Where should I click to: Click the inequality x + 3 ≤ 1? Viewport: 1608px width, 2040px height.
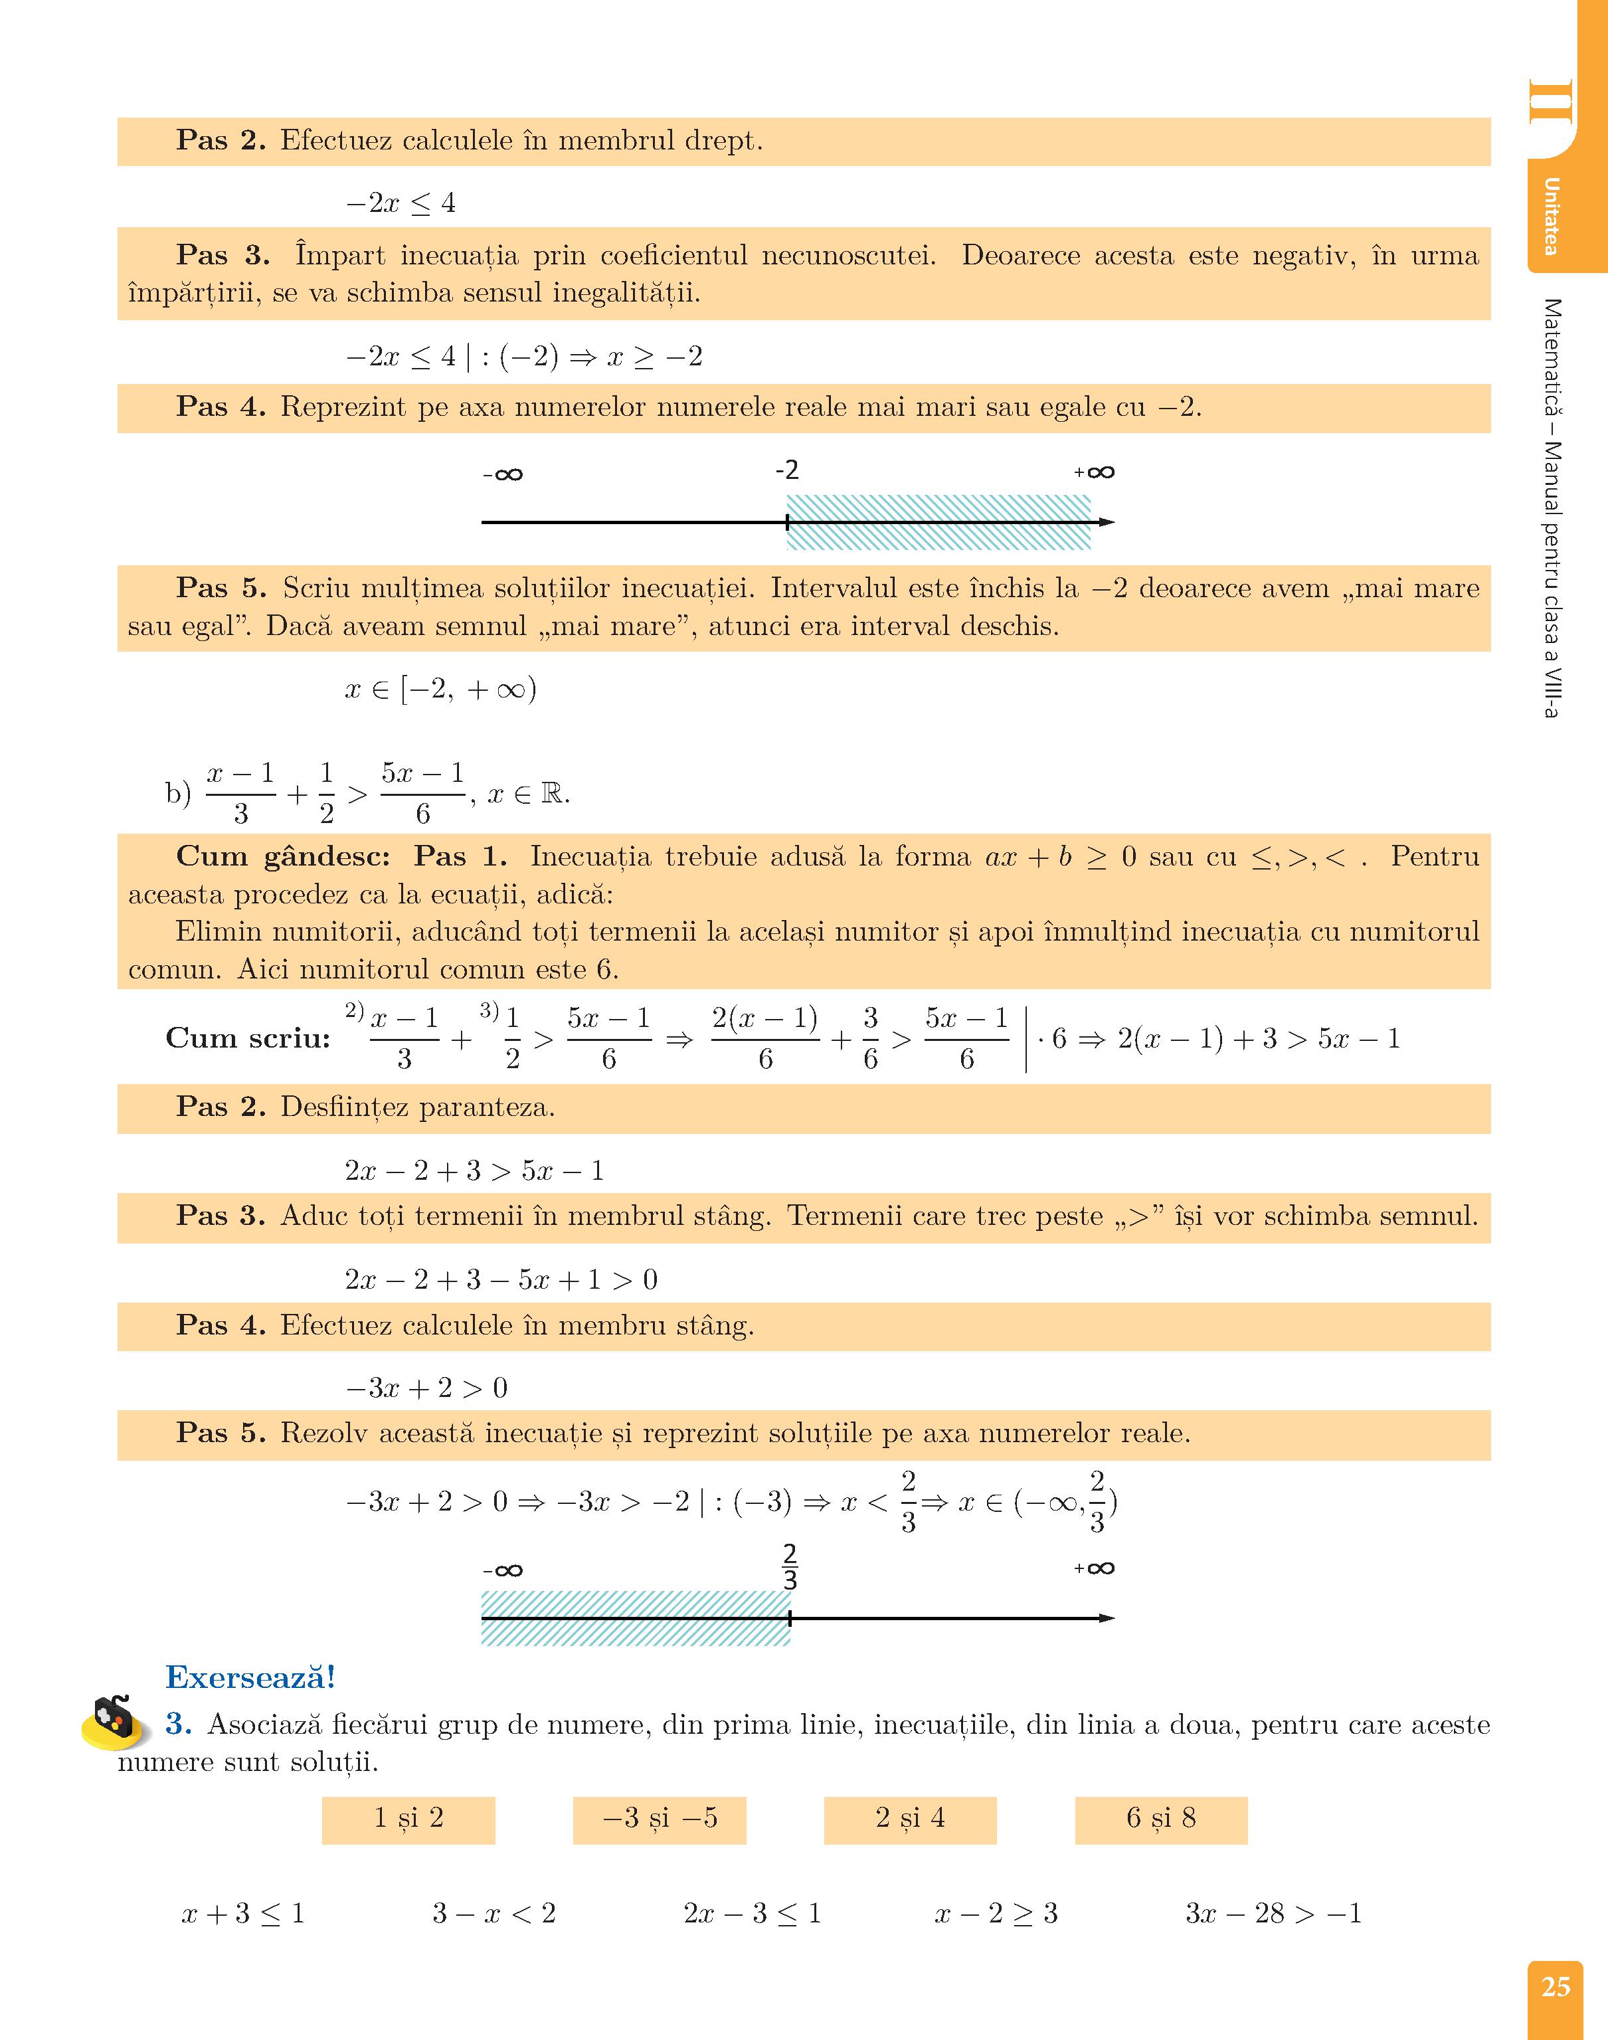coord(243,1913)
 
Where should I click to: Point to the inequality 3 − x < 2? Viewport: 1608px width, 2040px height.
coord(494,1913)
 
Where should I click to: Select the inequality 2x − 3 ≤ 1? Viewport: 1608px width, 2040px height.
coord(753,1913)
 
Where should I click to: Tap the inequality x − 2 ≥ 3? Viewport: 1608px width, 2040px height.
coord(996,1913)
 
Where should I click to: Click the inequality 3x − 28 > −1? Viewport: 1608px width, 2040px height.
coord(1273,1913)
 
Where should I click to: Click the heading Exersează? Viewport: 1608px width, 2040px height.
coord(250,1677)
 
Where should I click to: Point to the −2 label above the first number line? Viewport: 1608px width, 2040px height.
coord(787,470)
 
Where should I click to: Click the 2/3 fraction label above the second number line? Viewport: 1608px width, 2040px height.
coord(790,1566)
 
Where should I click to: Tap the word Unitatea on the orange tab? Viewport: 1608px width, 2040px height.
coord(1551,216)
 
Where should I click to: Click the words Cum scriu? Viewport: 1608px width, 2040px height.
coord(248,1038)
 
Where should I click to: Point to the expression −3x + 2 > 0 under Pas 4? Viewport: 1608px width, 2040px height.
coord(426,1388)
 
